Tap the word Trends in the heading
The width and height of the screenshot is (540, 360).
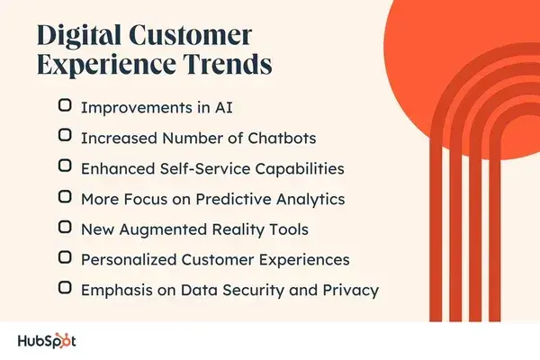point(227,67)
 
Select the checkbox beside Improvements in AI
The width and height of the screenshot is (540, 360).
point(65,104)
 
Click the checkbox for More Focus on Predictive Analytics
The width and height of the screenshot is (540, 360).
point(65,196)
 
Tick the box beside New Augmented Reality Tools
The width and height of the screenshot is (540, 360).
point(65,227)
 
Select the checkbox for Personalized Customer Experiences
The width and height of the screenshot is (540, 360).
point(65,257)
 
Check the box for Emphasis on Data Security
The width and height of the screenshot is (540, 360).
point(65,288)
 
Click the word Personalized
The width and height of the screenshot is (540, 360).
point(128,259)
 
